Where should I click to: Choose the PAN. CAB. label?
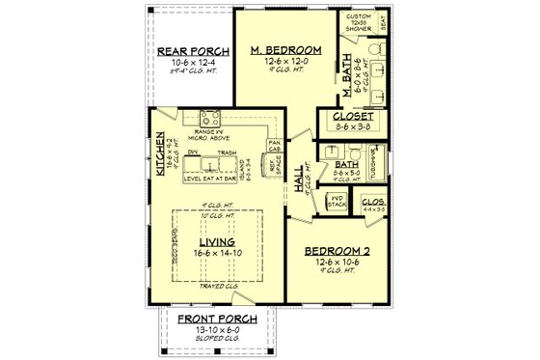pyautogui.click(x=273, y=147)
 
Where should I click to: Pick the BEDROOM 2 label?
pyautogui.click(x=337, y=249)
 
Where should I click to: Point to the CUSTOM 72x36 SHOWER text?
pyautogui.click(x=359, y=23)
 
